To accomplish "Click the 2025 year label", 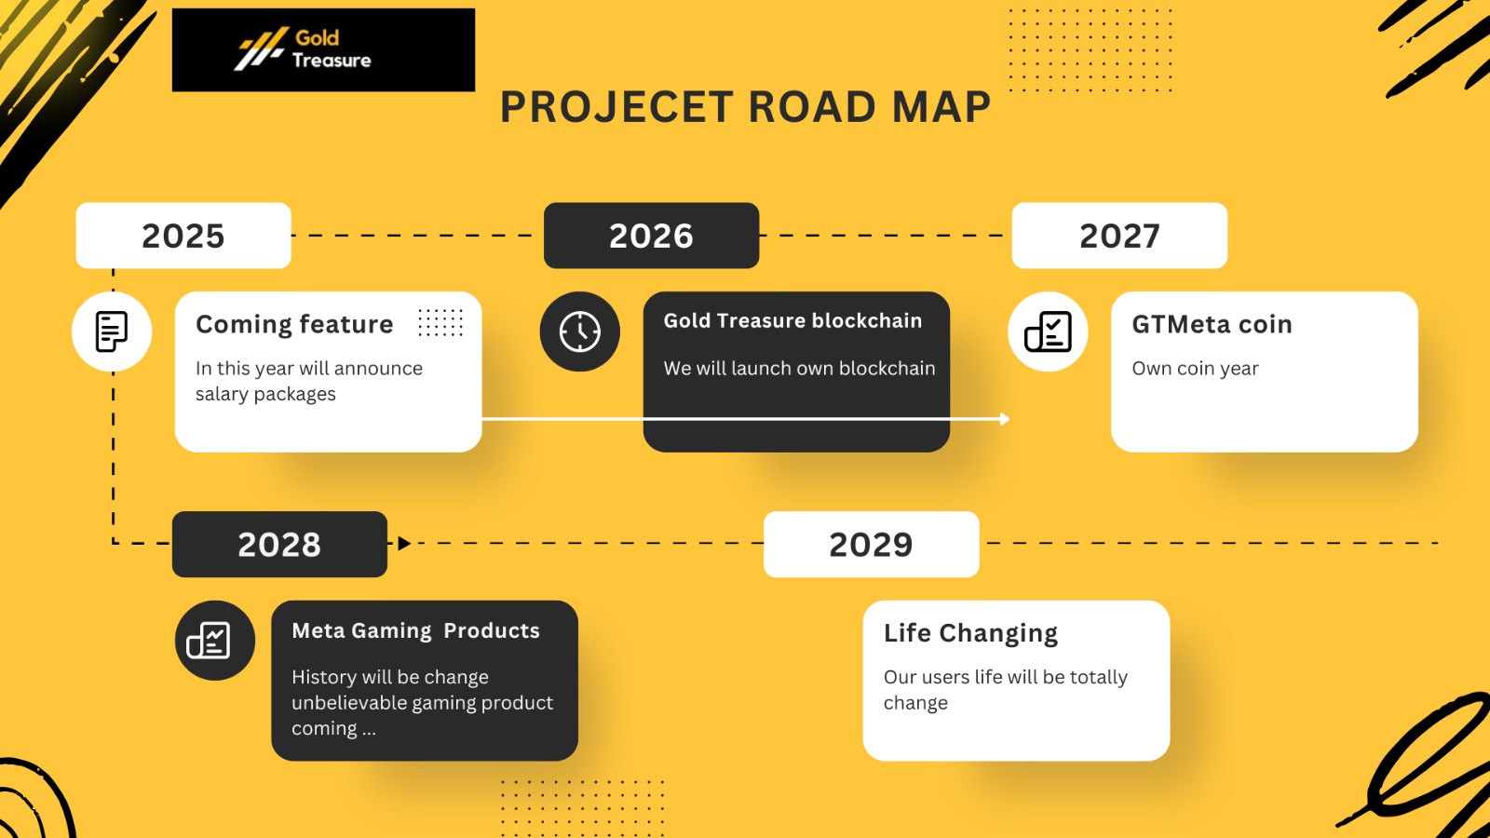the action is [x=183, y=236].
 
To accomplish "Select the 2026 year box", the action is [x=651, y=236].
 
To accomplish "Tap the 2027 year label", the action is [x=1119, y=236].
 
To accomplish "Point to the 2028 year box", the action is [x=279, y=544].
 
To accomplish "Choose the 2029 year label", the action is [x=872, y=544].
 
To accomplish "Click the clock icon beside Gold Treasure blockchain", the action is [x=580, y=331].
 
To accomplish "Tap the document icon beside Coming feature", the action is [x=112, y=331].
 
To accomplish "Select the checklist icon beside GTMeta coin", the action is [x=1048, y=331].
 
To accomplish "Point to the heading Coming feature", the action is [x=294, y=324].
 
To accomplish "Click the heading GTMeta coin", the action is [x=1212, y=324].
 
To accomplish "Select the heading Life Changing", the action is [x=970, y=633].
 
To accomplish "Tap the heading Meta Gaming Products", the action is [x=415, y=630].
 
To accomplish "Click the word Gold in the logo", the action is [x=318, y=38].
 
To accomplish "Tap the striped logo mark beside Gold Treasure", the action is [x=261, y=48].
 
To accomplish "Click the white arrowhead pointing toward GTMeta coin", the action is [x=1005, y=419].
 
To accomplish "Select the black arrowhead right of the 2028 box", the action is [x=404, y=544].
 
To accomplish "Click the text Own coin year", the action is [x=1196, y=369].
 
